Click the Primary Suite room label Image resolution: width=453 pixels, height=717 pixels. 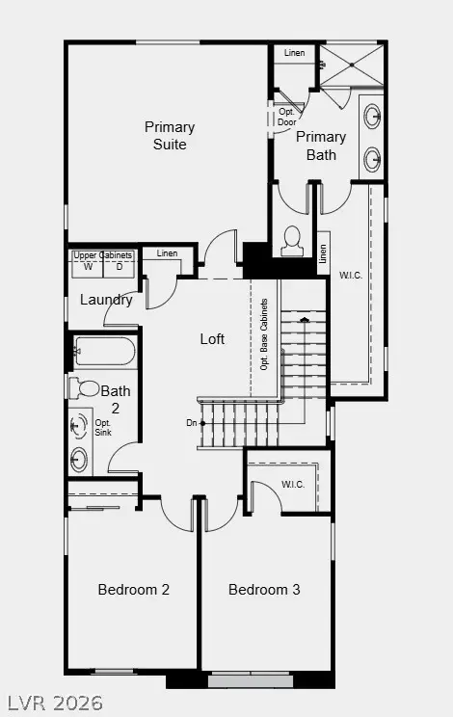tap(170, 136)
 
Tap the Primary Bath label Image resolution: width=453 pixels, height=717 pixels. tap(321, 146)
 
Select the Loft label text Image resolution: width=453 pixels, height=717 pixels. tap(212, 338)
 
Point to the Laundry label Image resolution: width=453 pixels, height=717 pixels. tap(106, 300)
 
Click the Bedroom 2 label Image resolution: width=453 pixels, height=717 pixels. tap(134, 589)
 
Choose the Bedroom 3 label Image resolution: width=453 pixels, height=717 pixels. tap(264, 589)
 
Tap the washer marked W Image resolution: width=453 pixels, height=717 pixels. tap(87, 267)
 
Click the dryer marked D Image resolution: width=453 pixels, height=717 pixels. tap(120, 267)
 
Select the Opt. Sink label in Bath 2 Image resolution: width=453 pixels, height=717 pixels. tap(103, 428)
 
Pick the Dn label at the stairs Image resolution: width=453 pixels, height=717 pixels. tap(193, 422)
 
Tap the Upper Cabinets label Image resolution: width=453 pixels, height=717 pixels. tap(102, 254)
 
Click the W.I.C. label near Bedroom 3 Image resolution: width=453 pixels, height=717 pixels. tap(293, 484)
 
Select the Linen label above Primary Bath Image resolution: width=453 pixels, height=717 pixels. tap(295, 52)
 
